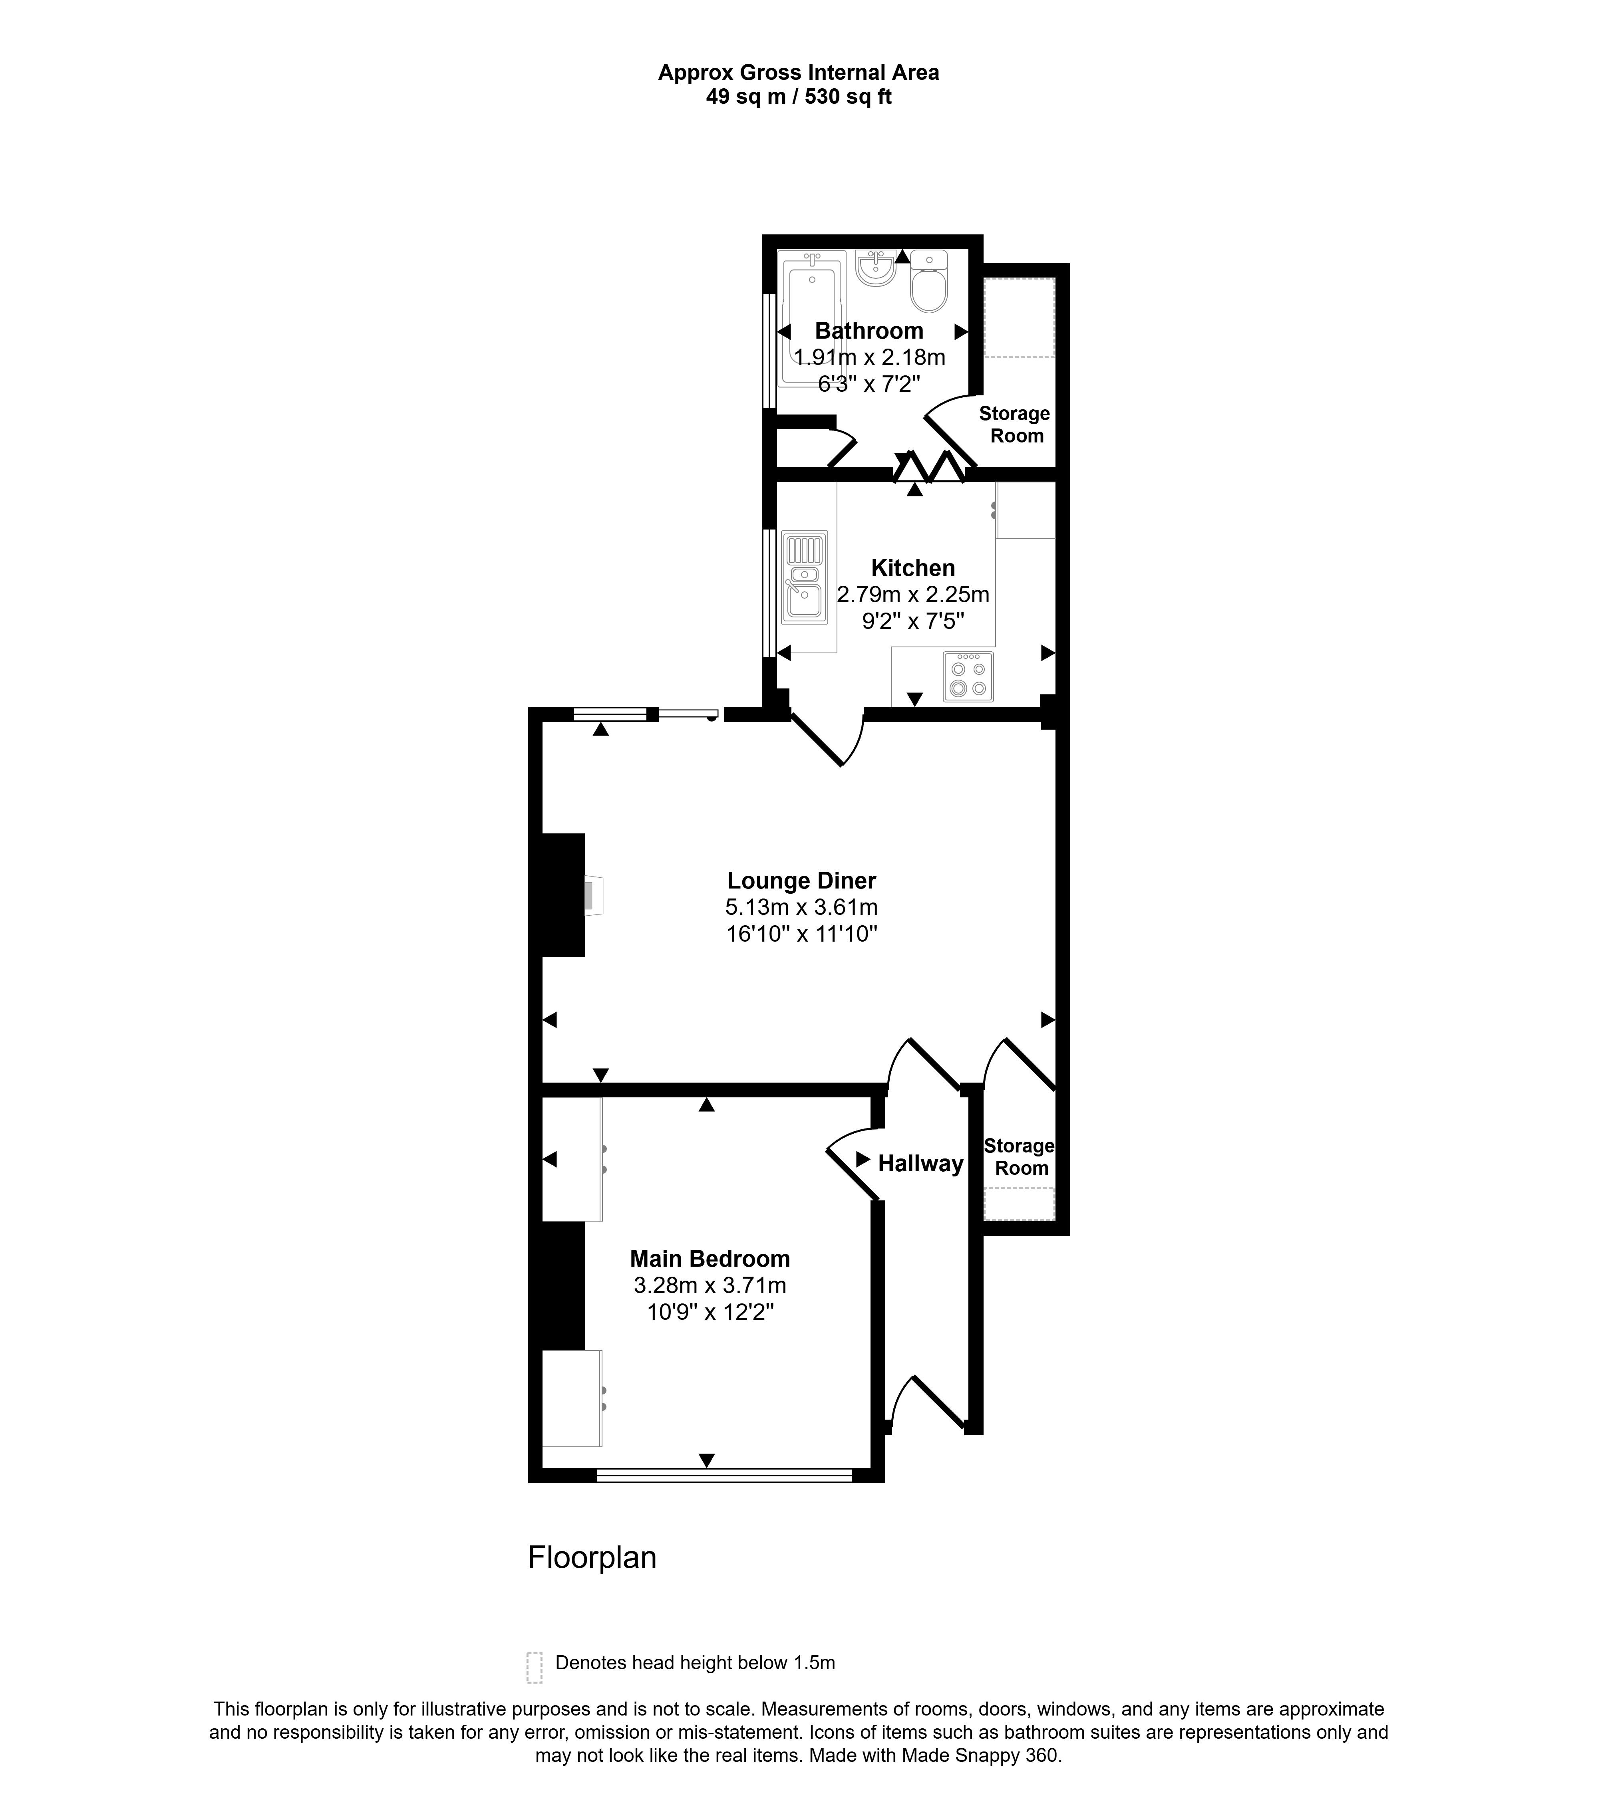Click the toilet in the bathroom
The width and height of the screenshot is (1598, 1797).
click(x=929, y=282)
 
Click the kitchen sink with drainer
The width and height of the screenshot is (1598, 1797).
click(x=805, y=577)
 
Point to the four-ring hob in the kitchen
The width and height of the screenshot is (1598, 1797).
click(x=968, y=677)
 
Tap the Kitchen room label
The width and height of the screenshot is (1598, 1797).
click(x=913, y=568)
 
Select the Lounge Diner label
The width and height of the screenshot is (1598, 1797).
click(x=801, y=880)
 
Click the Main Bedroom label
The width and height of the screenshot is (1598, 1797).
click(x=710, y=1258)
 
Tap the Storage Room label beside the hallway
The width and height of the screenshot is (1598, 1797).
click(x=1019, y=1157)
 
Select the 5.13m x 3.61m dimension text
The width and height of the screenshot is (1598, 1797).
click(x=801, y=906)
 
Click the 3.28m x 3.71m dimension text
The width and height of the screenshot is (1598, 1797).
click(x=710, y=1285)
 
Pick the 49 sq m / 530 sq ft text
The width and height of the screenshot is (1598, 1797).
click(x=799, y=97)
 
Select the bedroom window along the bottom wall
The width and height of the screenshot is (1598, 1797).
click(x=724, y=1475)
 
